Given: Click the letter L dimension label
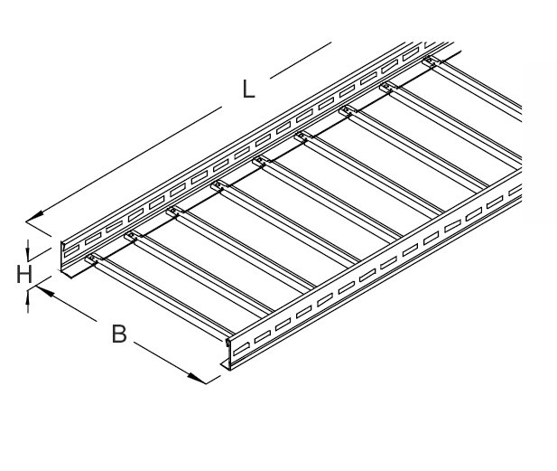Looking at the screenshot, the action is point(248,89).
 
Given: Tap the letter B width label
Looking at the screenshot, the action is point(119,334).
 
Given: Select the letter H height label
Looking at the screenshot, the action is point(24,274).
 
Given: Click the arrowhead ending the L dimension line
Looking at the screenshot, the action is point(35,216).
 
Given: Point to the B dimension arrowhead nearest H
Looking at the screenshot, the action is point(45,291).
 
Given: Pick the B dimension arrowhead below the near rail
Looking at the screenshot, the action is point(197,378).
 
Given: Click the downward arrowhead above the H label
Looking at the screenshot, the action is point(28,252).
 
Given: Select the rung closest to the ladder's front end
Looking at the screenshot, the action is point(160,296).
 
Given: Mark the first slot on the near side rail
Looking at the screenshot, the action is point(242,349).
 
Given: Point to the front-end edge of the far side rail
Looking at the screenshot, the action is point(61,257).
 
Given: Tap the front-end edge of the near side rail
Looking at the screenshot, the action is point(229,354).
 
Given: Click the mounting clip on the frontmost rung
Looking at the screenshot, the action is point(92,259).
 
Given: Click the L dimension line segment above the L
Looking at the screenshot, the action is point(301,61).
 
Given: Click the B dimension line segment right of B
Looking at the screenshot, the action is point(170,363).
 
